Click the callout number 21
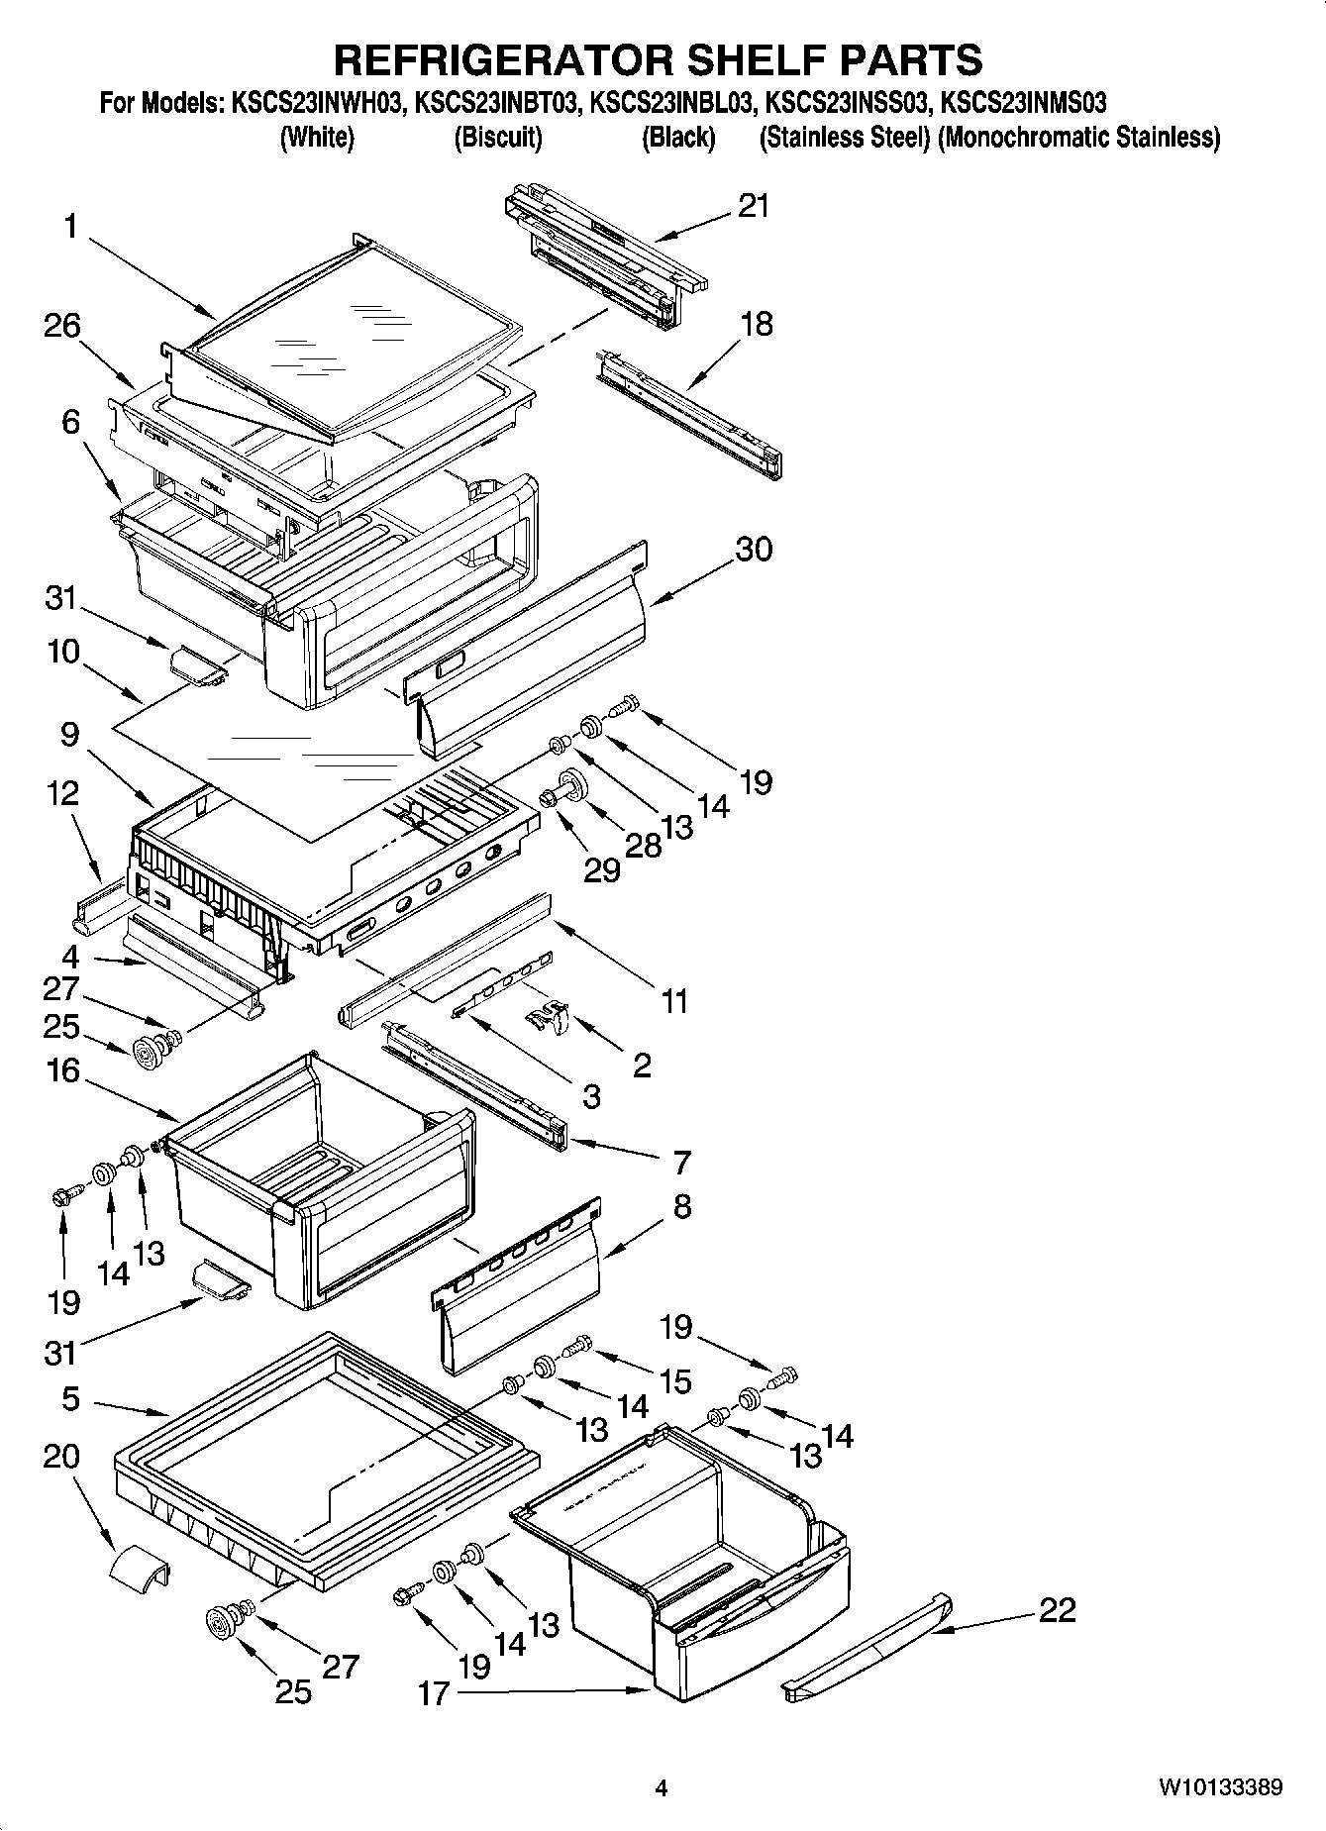(754, 206)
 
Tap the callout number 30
(754, 549)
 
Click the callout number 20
(61, 1457)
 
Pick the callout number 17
(433, 1694)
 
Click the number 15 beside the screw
(675, 1381)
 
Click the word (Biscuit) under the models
(498, 138)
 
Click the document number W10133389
(1221, 1787)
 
